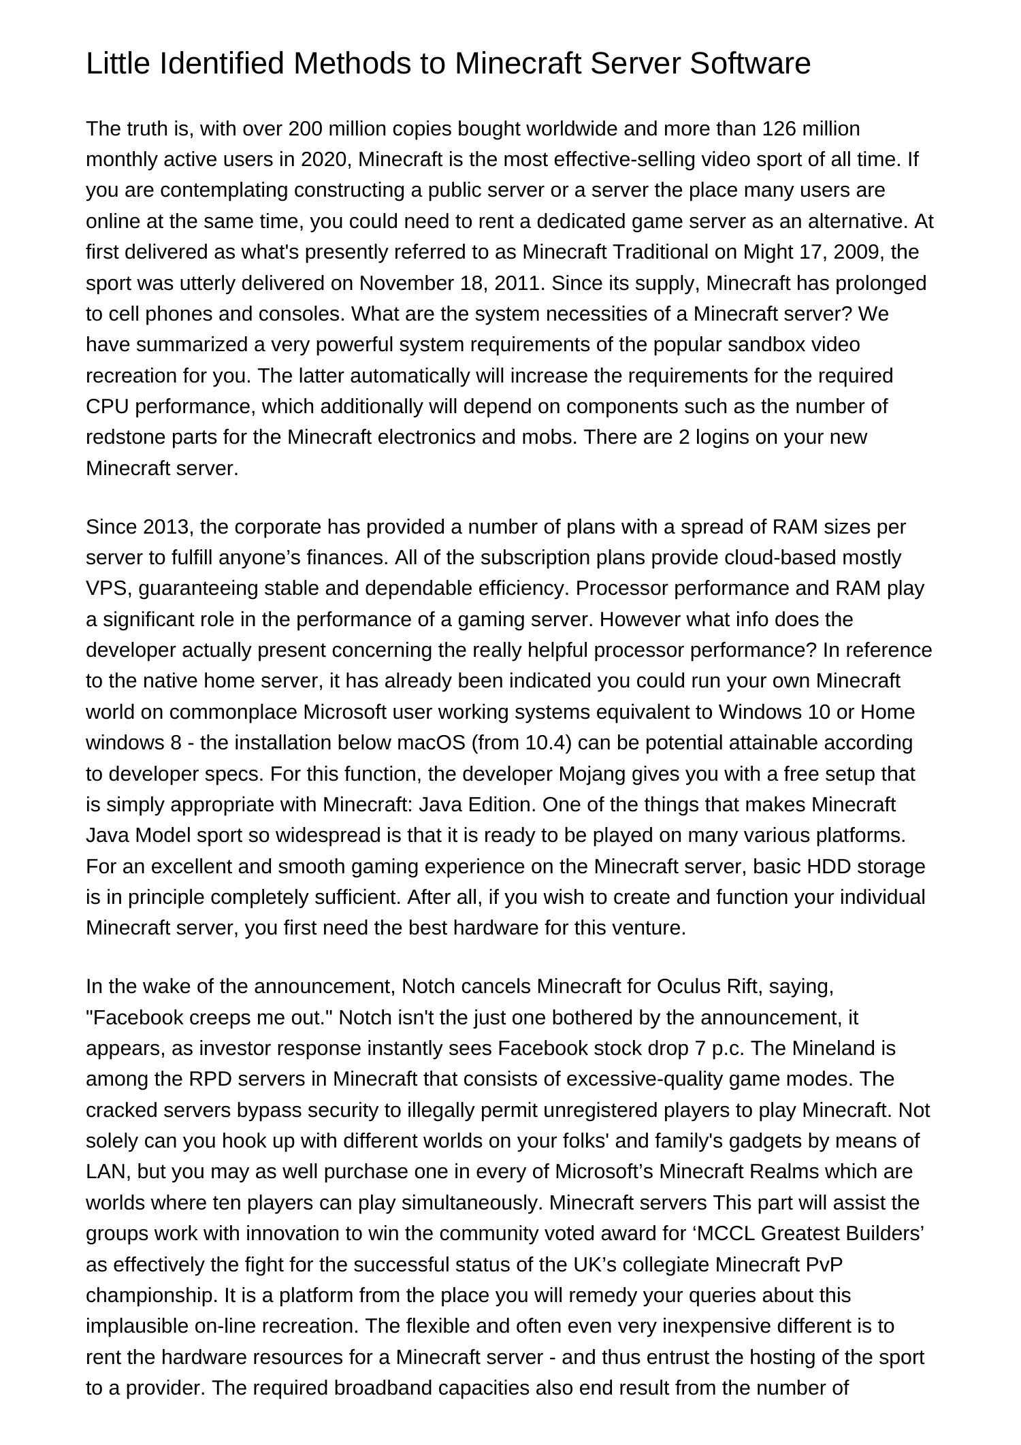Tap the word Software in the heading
pyautogui.click(x=750, y=64)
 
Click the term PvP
pyautogui.click(x=824, y=1265)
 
